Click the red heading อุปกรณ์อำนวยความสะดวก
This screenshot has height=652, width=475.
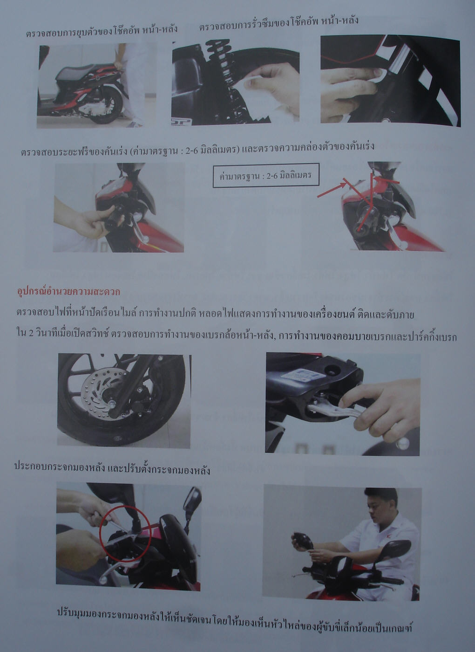pos(68,291)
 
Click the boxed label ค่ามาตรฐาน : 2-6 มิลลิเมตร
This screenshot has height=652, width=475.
pos(266,175)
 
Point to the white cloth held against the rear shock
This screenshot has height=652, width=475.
pos(256,96)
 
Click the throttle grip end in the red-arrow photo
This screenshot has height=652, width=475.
pos(360,230)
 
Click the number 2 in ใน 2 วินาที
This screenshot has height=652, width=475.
pos(31,336)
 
